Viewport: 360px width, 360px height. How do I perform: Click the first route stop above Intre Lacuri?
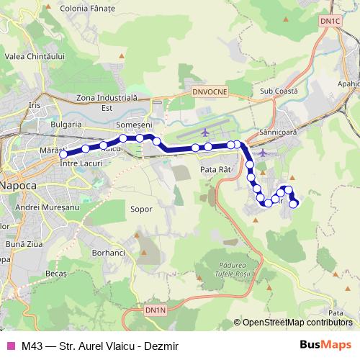click(63, 154)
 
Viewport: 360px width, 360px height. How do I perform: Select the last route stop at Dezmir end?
click(294, 204)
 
